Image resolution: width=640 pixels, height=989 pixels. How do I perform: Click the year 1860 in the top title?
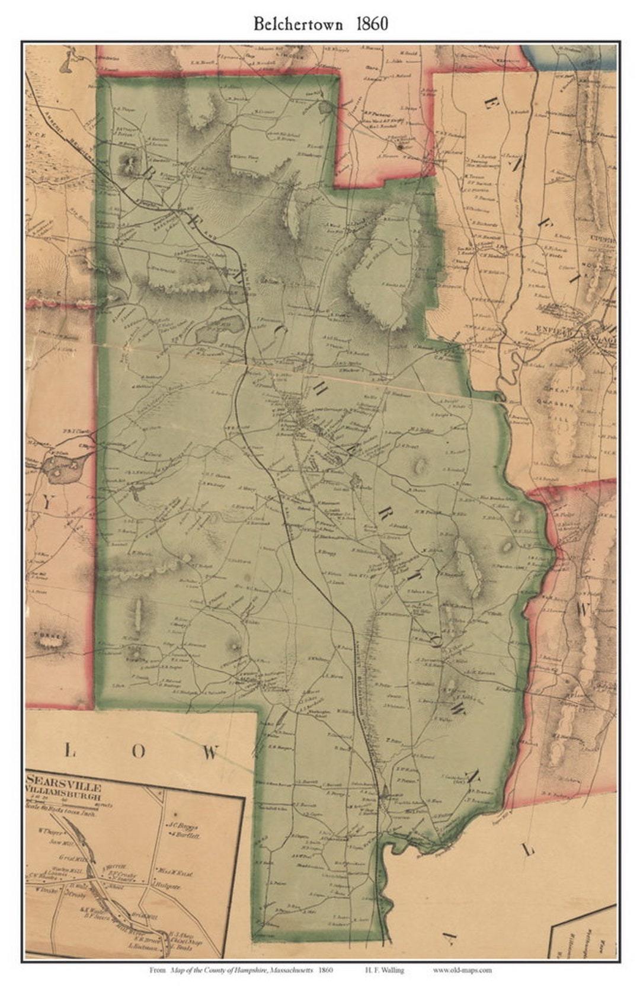[x=372, y=24]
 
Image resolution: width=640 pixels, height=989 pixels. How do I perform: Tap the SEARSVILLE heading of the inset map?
[x=64, y=788]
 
